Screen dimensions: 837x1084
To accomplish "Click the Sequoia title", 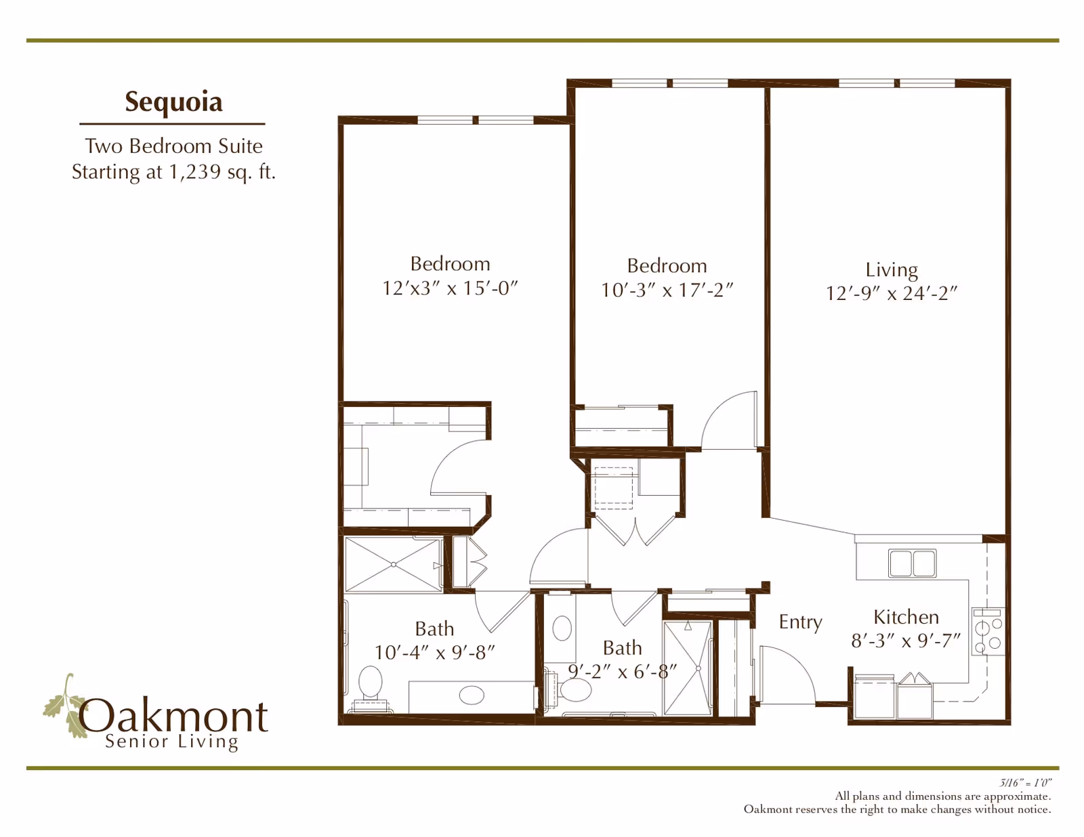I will click(x=173, y=102).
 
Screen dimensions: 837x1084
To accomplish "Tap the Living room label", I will click(x=892, y=270).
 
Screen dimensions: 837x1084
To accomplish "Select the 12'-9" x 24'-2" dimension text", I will click(x=892, y=293).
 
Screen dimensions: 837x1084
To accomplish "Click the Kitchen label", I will click(x=906, y=617).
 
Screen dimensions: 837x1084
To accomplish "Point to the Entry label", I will click(x=800, y=622).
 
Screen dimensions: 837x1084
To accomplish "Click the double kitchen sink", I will click(x=912, y=563).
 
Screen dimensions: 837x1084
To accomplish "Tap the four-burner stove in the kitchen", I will click(x=988, y=631).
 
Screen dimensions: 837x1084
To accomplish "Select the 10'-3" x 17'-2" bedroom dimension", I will click(x=667, y=290).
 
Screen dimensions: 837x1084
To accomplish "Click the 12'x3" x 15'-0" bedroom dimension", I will click(x=450, y=288).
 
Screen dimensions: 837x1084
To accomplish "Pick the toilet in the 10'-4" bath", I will click(x=370, y=685).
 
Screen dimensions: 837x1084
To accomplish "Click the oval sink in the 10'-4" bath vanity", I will click(x=472, y=695).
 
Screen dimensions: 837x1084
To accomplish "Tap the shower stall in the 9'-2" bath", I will click(x=687, y=668).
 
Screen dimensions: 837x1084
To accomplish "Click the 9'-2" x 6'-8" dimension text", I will click(x=622, y=671).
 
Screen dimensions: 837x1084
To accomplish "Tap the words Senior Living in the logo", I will click(x=172, y=742).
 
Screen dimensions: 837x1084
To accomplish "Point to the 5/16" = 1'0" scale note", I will click(x=1025, y=783).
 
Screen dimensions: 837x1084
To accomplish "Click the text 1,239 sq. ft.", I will click(x=222, y=172).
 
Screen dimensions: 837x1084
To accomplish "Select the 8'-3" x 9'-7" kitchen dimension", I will click(x=906, y=641).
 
